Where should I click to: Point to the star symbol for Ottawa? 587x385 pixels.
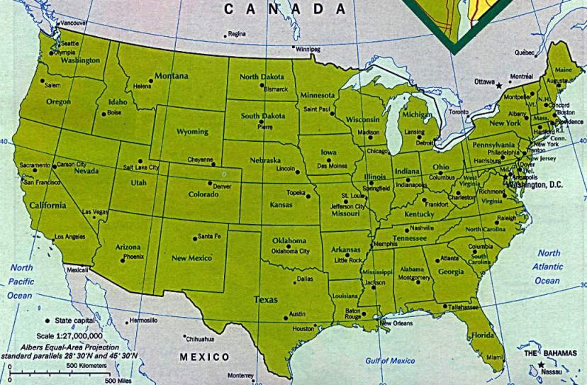(x=498, y=86)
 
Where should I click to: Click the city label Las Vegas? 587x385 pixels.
(x=95, y=212)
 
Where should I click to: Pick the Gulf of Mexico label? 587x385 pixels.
(x=390, y=361)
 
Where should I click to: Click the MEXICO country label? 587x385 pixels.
(x=204, y=357)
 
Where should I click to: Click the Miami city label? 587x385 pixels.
(x=494, y=357)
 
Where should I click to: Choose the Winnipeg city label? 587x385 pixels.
(x=308, y=50)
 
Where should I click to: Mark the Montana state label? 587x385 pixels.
(x=172, y=76)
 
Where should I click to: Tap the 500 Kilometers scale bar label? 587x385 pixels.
(x=86, y=364)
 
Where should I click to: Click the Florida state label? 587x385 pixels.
(x=483, y=335)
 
